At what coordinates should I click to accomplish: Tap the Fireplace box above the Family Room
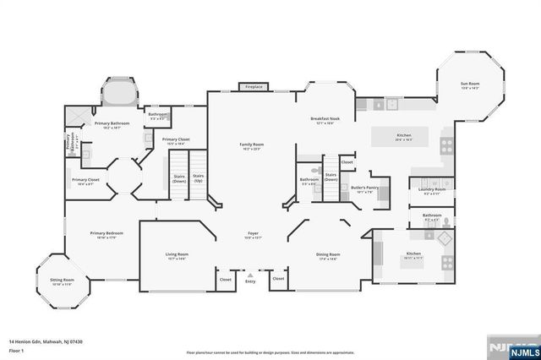[x=253, y=87]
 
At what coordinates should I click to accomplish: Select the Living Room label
[x=177, y=255]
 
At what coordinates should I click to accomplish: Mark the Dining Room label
[x=328, y=255]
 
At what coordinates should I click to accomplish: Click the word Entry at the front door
[x=250, y=281]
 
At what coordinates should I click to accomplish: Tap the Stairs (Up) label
[x=198, y=179]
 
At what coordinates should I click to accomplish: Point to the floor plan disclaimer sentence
[x=270, y=352]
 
